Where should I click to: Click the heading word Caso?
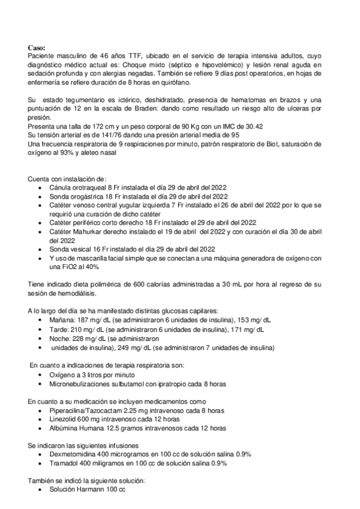coord(37,47)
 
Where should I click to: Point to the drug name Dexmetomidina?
coord(74,454)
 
